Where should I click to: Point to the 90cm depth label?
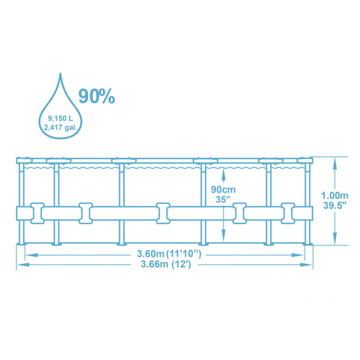(223, 189)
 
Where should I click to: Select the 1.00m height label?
(334, 195)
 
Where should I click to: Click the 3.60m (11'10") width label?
(169, 255)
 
